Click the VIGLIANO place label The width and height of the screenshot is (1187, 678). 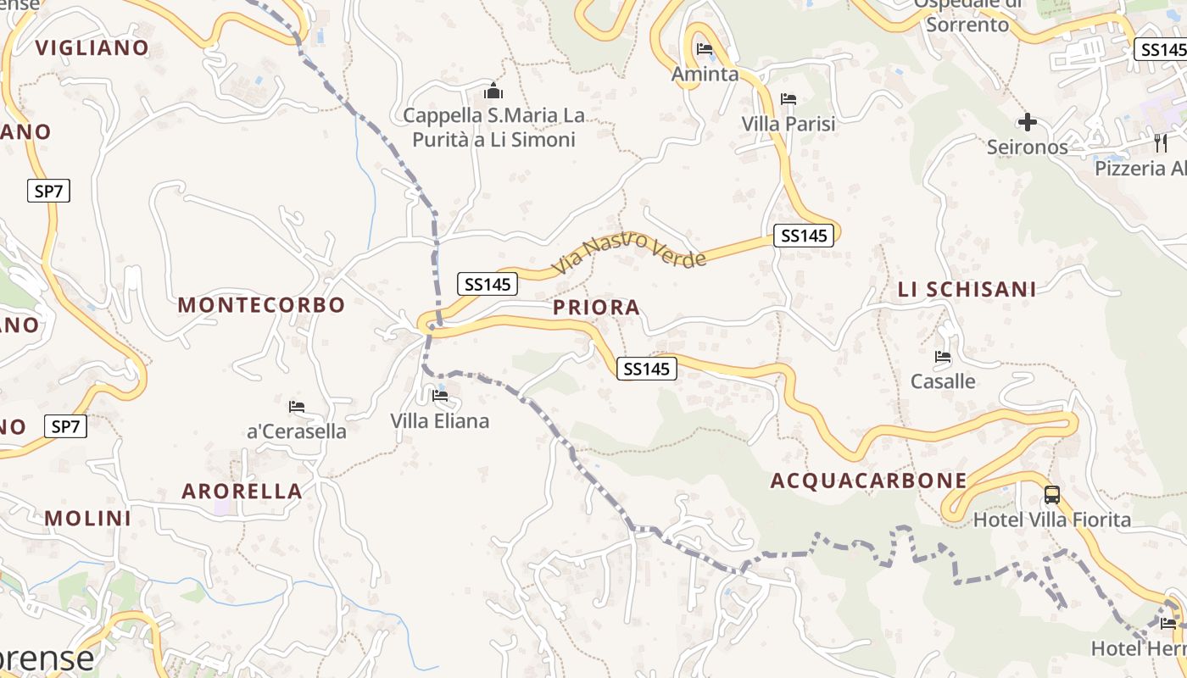[92, 47]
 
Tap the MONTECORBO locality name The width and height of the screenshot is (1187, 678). [261, 305]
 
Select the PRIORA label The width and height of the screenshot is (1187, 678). [597, 308]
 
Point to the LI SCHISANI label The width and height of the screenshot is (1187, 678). [967, 289]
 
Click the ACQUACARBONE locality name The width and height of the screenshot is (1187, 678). [868, 481]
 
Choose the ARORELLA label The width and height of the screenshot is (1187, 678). [242, 491]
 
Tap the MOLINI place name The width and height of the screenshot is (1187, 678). [88, 518]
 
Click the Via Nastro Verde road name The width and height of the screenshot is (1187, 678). [629, 252]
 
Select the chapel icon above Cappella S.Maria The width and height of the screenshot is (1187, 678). [493, 91]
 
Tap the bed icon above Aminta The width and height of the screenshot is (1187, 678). [705, 48]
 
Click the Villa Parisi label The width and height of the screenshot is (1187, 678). [789, 124]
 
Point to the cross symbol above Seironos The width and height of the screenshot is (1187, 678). [1028, 123]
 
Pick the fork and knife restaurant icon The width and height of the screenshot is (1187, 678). [1161, 142]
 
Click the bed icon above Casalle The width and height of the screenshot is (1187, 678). [943, 357]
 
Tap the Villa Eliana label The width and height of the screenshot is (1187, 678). [439, 420]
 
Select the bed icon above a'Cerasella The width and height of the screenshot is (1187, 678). [297, 407]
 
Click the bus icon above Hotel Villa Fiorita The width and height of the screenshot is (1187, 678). [1052, 495]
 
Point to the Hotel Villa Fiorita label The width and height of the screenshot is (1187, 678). [1052, 520]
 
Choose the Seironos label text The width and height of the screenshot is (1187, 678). [1027, 147]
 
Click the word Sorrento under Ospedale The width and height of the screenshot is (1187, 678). [967, 25]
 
